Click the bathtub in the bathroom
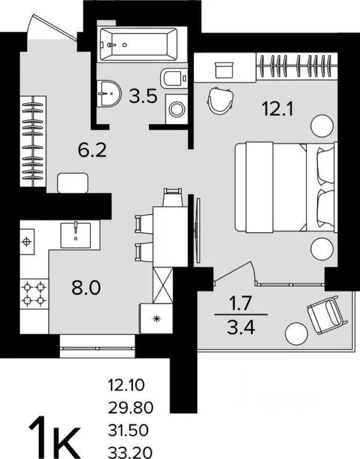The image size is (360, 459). pyautogui.click(x=138, y=44)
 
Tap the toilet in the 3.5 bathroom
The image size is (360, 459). pyautogui.click(x=174, y=78)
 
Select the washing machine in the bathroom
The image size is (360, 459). pyautogui.click(x=176, y=109)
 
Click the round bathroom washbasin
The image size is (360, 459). pyautogui.click(x=108, y=94)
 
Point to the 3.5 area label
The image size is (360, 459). pyautogui.click(x=143, y=96)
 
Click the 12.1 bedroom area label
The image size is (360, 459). pyautogui.click(x=278, y=109)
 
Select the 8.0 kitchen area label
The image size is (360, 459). pyautogui.click(x=86, y=287)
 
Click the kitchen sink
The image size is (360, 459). pyautogui.click(x=75, y=235)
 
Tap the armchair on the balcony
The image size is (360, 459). pyautogui.click(x=328, y=314)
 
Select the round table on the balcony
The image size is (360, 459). pyautogui.click(x=297, y=334)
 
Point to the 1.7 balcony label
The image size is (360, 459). pyautogui.click(x=240, y=303)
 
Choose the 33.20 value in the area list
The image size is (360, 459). pyautogui.click(x=131, y=452)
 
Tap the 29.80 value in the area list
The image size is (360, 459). pyautogui.click(x=131, y=408)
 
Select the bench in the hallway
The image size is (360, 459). pyautogui.click(x=73, y=183)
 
